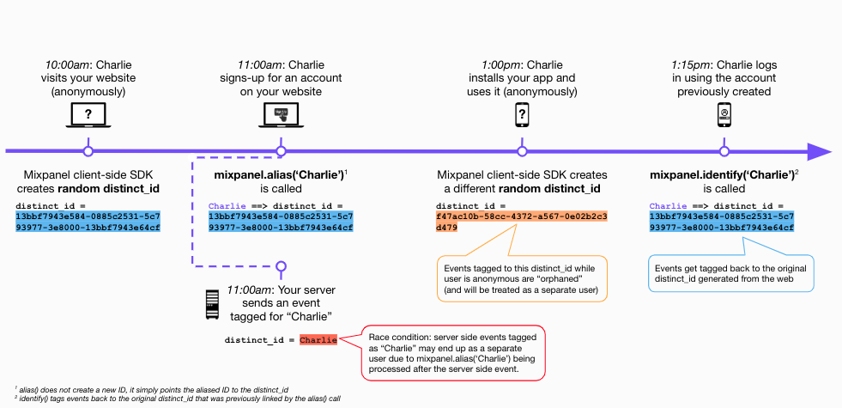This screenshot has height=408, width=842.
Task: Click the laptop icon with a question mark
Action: point(88,115)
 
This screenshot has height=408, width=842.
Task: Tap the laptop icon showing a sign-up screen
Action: point(281,115)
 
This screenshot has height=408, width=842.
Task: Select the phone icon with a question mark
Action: point(522,114)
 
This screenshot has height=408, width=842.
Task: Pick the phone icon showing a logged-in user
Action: point(724,114)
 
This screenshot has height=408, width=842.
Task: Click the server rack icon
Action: point(213,305)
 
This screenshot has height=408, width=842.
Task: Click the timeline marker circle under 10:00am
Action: point(88,151)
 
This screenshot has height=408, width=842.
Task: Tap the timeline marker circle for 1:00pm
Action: point(522,151)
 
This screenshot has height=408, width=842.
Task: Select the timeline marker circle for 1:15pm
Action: point(724,151)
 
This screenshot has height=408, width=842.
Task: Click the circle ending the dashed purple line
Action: point(281,266)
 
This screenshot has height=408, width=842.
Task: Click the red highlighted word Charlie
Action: point(318,340)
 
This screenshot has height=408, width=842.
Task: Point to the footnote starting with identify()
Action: point(177,399)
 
